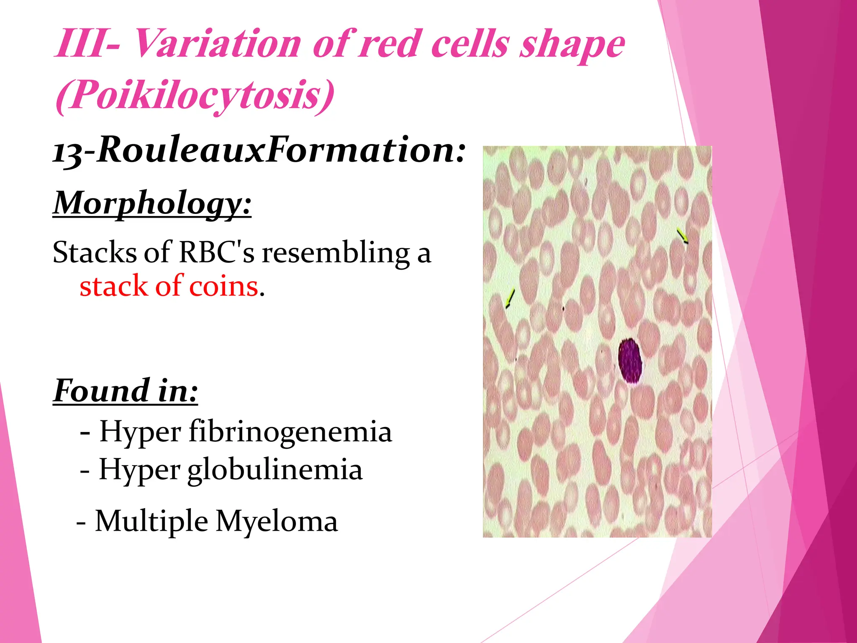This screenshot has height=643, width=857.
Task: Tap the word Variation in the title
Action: click(218, 44)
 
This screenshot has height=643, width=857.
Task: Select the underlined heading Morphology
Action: click(152, 203)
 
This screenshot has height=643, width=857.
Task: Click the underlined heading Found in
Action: click(125, 391)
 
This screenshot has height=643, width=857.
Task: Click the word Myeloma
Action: click(277, 522)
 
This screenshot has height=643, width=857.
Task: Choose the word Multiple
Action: click(151, 522)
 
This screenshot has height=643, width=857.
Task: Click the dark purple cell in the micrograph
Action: click(630, 360)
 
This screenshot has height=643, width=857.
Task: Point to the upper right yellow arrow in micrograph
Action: click(683, 236)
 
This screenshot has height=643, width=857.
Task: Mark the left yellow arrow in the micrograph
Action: click(510, 298)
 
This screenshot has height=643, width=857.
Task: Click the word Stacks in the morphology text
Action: click(95, 253)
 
